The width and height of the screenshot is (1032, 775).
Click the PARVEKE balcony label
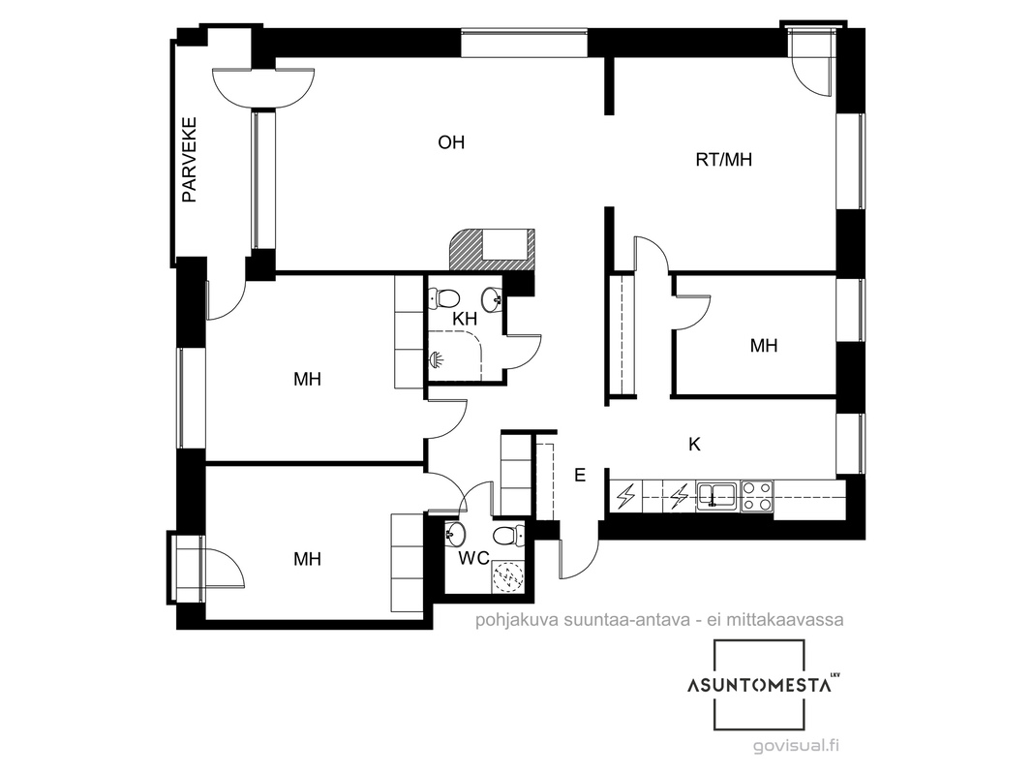(x=189, y=159)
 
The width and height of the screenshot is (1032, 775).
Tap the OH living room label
(x=451, y=142)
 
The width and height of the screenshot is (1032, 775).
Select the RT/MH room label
(x=723, y=159)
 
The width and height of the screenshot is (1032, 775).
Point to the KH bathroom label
(x=465, y=319)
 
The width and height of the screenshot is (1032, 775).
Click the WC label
(x=473, y=558)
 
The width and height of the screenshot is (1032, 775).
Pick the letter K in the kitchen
(x=694, y=445)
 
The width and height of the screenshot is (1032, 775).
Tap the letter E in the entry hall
(x=580, y=475)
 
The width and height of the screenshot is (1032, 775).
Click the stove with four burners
(x=757, y=496)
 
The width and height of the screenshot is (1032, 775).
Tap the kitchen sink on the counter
(x=717, y=495)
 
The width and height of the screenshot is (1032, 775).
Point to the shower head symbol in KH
(x=437, y=359)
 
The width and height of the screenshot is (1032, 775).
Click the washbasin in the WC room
(x=455, y=534)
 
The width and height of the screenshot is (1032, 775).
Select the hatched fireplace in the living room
(x=492, y=250)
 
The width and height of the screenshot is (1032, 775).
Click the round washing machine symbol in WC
(x=507, y=576)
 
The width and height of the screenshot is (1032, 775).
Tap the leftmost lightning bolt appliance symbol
(x=626, y=496)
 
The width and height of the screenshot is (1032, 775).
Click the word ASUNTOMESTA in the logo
(x=759, y=686)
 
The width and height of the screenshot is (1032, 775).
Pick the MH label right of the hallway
(x=764, y=346)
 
